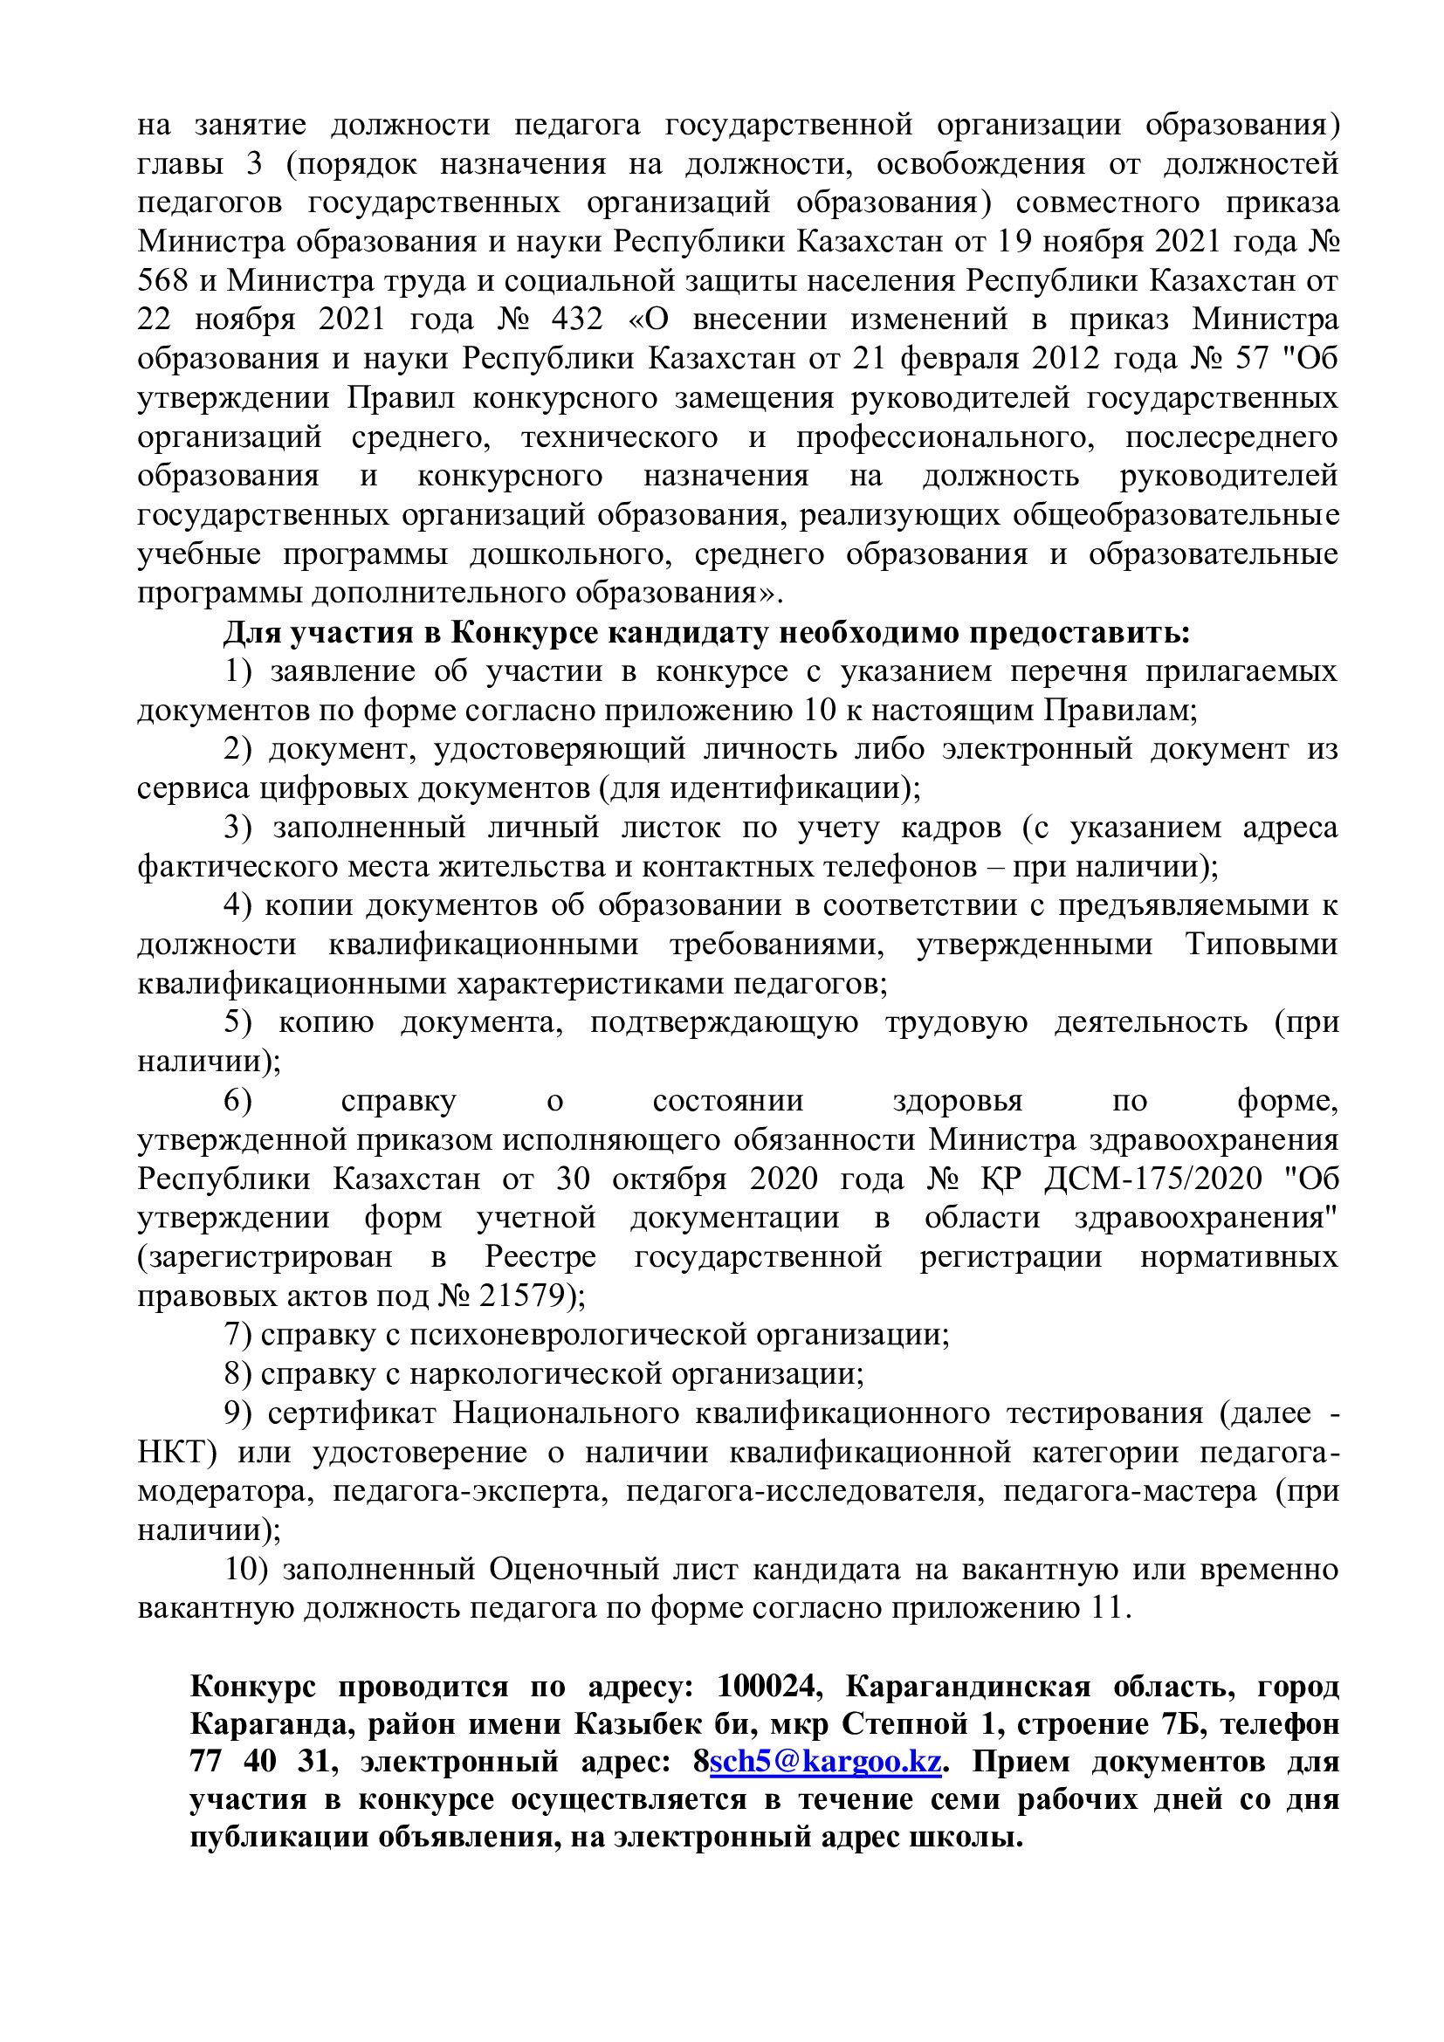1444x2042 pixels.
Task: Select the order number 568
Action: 162,280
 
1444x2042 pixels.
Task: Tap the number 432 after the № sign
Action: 577,320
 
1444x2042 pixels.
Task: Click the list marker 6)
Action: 238,1100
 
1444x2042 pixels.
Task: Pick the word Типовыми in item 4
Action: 1261,944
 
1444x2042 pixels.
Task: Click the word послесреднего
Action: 1232,437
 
